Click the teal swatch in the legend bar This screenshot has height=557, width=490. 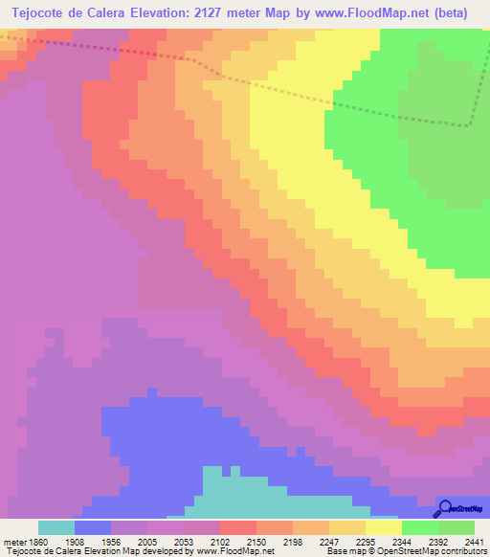(56, 527)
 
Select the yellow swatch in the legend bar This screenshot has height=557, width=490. (384, 527)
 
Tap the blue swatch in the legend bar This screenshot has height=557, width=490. (92, 527)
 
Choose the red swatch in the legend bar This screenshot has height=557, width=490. (238, 527)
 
